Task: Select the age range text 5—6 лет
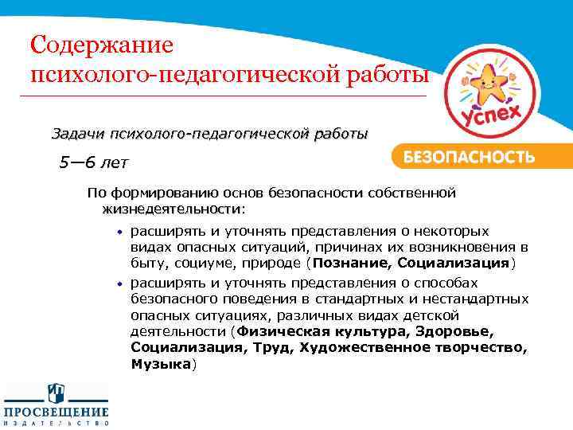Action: click(92, 163)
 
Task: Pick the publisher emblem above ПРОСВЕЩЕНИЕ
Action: click(56, 393)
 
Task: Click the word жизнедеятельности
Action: click(171, 209)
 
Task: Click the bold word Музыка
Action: click(162, 363)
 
